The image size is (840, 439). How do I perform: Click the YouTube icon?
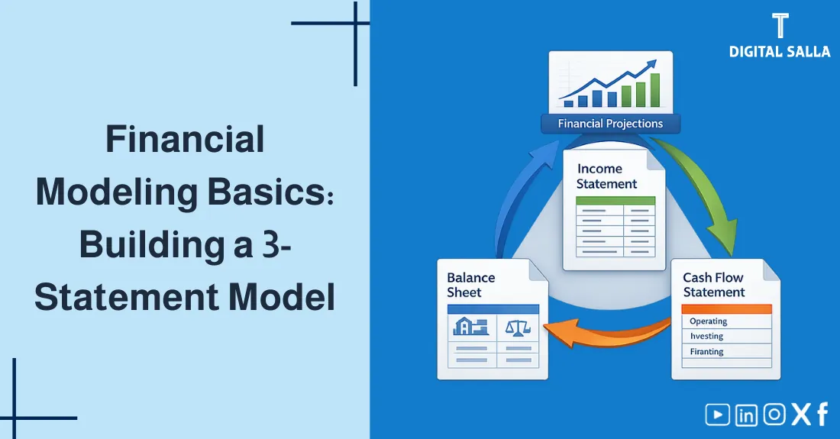pyautogui.click(x=717, y=415)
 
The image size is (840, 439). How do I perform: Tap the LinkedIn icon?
pyautogui.click(x=746, y=415)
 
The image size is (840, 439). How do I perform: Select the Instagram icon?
pyautogui.click(x=774, y=415)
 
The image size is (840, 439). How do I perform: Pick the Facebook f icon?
pyautogui.click(x=822, y=415)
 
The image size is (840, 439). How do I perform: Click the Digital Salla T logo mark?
pyautogui.click(x=779, y=25)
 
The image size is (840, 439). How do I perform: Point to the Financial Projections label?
pyautogui.click(x=610, y=124)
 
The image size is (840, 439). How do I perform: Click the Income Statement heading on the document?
pyautogui.click(x=606, y=176)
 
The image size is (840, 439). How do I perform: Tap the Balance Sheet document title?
pyautogui.click(x=471, y=285)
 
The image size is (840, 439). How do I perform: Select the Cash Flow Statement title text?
pyautogui.click(x=713, y=285)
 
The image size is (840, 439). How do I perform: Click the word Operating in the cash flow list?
pyautogui.click(x=708, y=321)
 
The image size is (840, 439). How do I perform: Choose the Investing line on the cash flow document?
pyautogui.click(x=706, y=337)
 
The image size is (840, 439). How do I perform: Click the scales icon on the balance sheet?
pyautogui.click(x=518, y=328)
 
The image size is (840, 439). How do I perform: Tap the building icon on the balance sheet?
pyautogui.click(x=470, y=328)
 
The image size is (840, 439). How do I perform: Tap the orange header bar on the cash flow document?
pyautogui.click(x=725, y=308)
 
